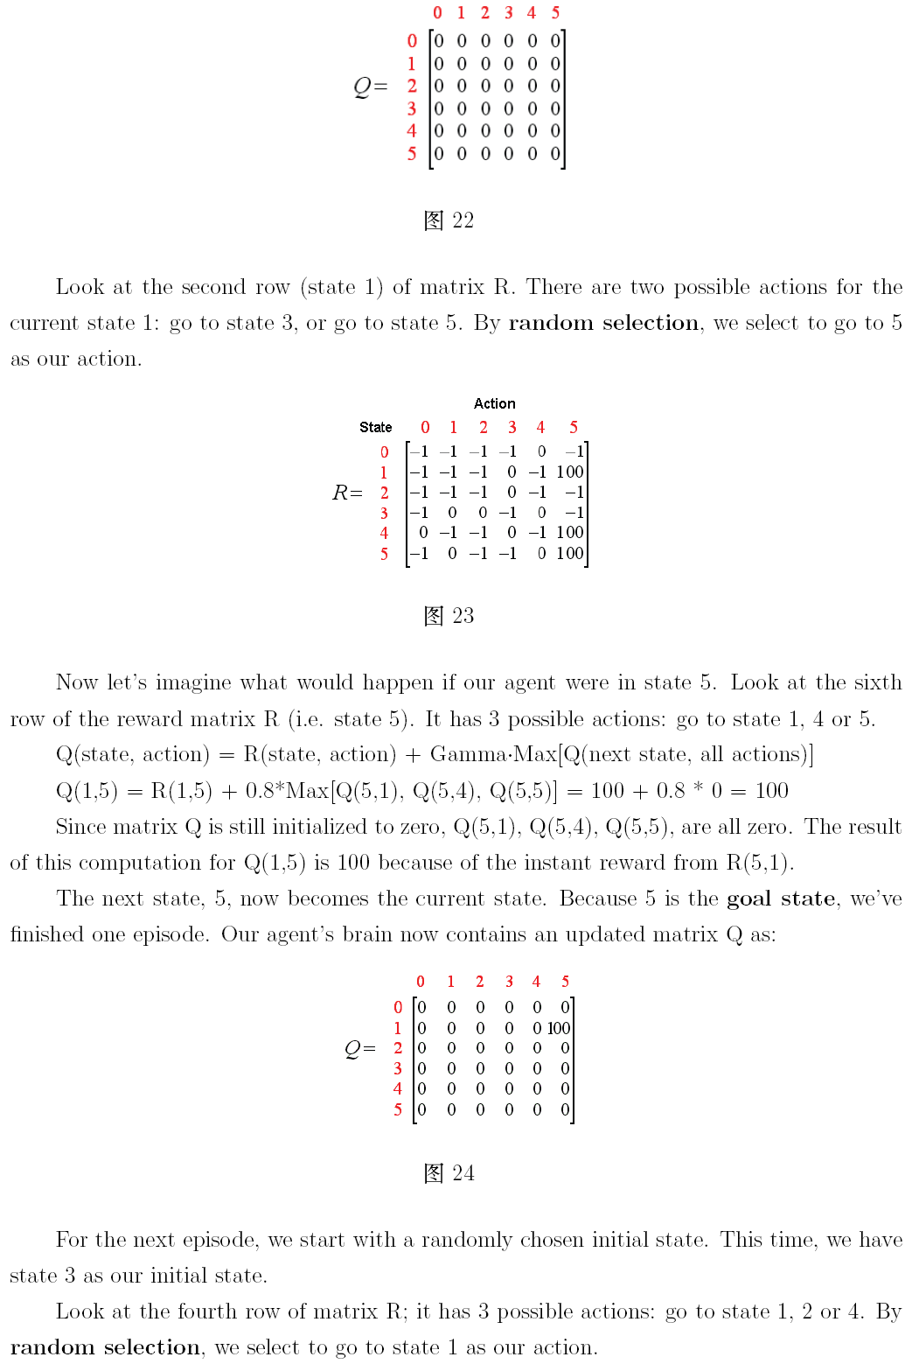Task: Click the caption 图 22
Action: (x=449, y=220)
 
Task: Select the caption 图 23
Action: (x=449, y=616)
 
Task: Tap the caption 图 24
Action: (x=449, y=1173)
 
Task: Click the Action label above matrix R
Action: (x=495, y=403)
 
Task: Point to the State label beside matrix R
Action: (x=376, y=427)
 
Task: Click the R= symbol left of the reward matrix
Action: (x=347, y=493)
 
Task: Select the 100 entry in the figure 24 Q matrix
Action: (x=559, y=1028)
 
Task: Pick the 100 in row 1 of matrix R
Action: (x=570, y=472)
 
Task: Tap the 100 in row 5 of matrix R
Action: (x=570, y=553)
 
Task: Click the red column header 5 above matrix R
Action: (x=574, y=427)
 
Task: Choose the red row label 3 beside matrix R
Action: (x=384, y=513)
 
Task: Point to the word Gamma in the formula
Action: (x=461, y=754)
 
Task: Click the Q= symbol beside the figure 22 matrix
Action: (x=370, y=87)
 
